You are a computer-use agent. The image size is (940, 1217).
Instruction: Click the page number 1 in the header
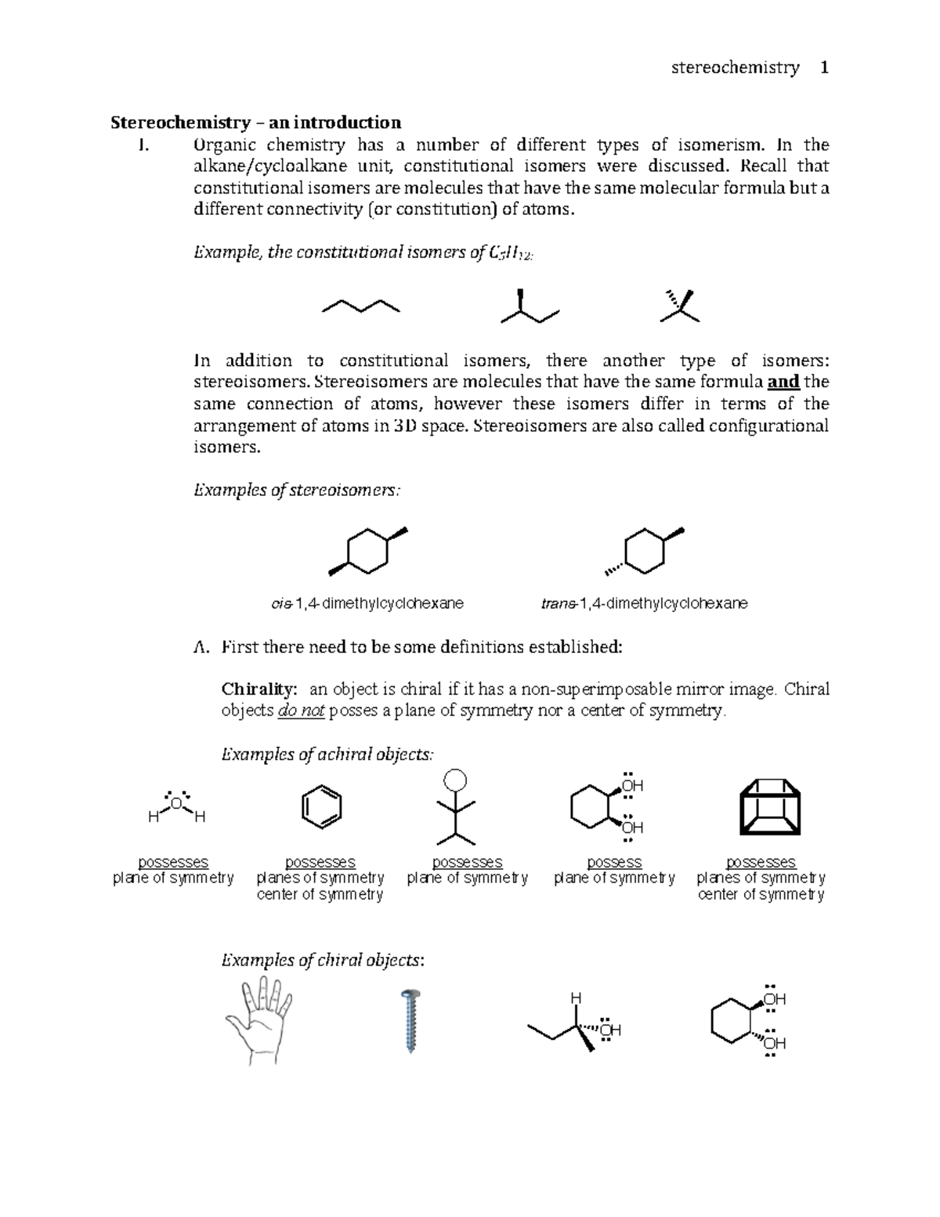coord(823,68)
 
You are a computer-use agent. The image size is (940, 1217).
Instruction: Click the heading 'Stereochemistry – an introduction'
coord(255,122)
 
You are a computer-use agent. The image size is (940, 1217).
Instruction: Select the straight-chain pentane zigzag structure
coord(361,306)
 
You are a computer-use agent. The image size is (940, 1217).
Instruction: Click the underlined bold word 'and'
coord(783,382)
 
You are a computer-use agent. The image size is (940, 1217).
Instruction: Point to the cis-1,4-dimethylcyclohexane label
coord(367,603)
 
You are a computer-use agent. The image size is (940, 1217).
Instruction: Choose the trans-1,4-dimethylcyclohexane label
coord(644,603)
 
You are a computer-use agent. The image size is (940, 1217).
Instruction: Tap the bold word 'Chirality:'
coord(259,690)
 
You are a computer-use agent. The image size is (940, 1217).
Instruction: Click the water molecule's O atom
coord(176,804)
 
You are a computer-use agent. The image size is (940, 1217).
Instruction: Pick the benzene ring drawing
coord(321,806)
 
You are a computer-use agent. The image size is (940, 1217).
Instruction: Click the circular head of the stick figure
coord(455,781)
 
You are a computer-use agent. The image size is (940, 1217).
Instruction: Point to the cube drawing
coord(769,807)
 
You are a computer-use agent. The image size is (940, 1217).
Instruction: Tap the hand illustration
coord(259,1020)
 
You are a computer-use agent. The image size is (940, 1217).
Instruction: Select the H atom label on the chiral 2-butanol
coord(576,998)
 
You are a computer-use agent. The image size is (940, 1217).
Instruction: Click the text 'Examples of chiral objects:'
coord(324,961)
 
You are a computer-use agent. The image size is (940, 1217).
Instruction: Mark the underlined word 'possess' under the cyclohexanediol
coord(614,863)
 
